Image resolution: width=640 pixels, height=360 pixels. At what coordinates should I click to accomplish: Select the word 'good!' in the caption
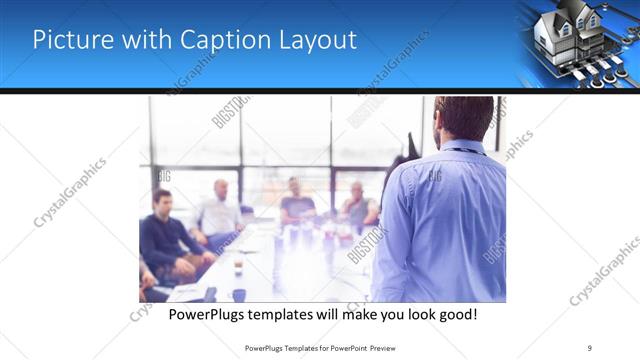454,313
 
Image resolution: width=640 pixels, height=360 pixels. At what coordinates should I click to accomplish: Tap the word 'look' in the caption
410,313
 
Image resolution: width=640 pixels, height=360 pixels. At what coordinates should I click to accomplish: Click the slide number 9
591,347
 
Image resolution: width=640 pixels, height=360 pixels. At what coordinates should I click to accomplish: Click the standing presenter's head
462,118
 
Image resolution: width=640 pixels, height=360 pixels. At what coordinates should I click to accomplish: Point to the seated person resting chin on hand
359,205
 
